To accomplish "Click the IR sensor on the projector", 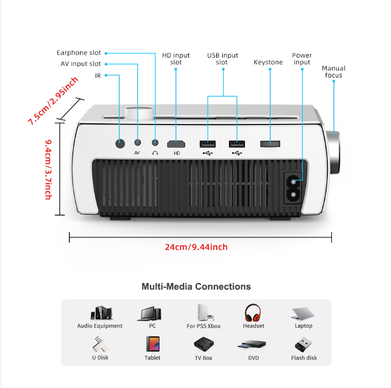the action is (120, 144).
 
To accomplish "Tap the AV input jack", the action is (138, 143).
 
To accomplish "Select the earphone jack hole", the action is (155, 143).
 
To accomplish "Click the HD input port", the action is (176, 144).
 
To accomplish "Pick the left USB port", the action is (207, 144).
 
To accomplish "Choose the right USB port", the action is (237, 144).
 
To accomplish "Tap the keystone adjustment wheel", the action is (270, 144).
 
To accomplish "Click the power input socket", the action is (293, 188).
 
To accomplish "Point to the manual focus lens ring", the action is (333, 152).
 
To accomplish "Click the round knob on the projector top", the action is (139, 113).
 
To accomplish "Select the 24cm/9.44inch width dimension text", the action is (196, 247).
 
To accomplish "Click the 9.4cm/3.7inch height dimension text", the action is (48, 170).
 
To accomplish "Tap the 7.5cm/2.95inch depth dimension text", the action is (53, 101).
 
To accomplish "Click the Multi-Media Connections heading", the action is (196, 287).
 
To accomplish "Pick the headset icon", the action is (253, 313).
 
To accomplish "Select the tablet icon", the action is (153, 344).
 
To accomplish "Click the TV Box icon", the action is (204, 344).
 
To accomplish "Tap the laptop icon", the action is (302, 314).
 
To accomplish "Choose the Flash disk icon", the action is (303, 345).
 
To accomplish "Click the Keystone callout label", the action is (268, 62).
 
